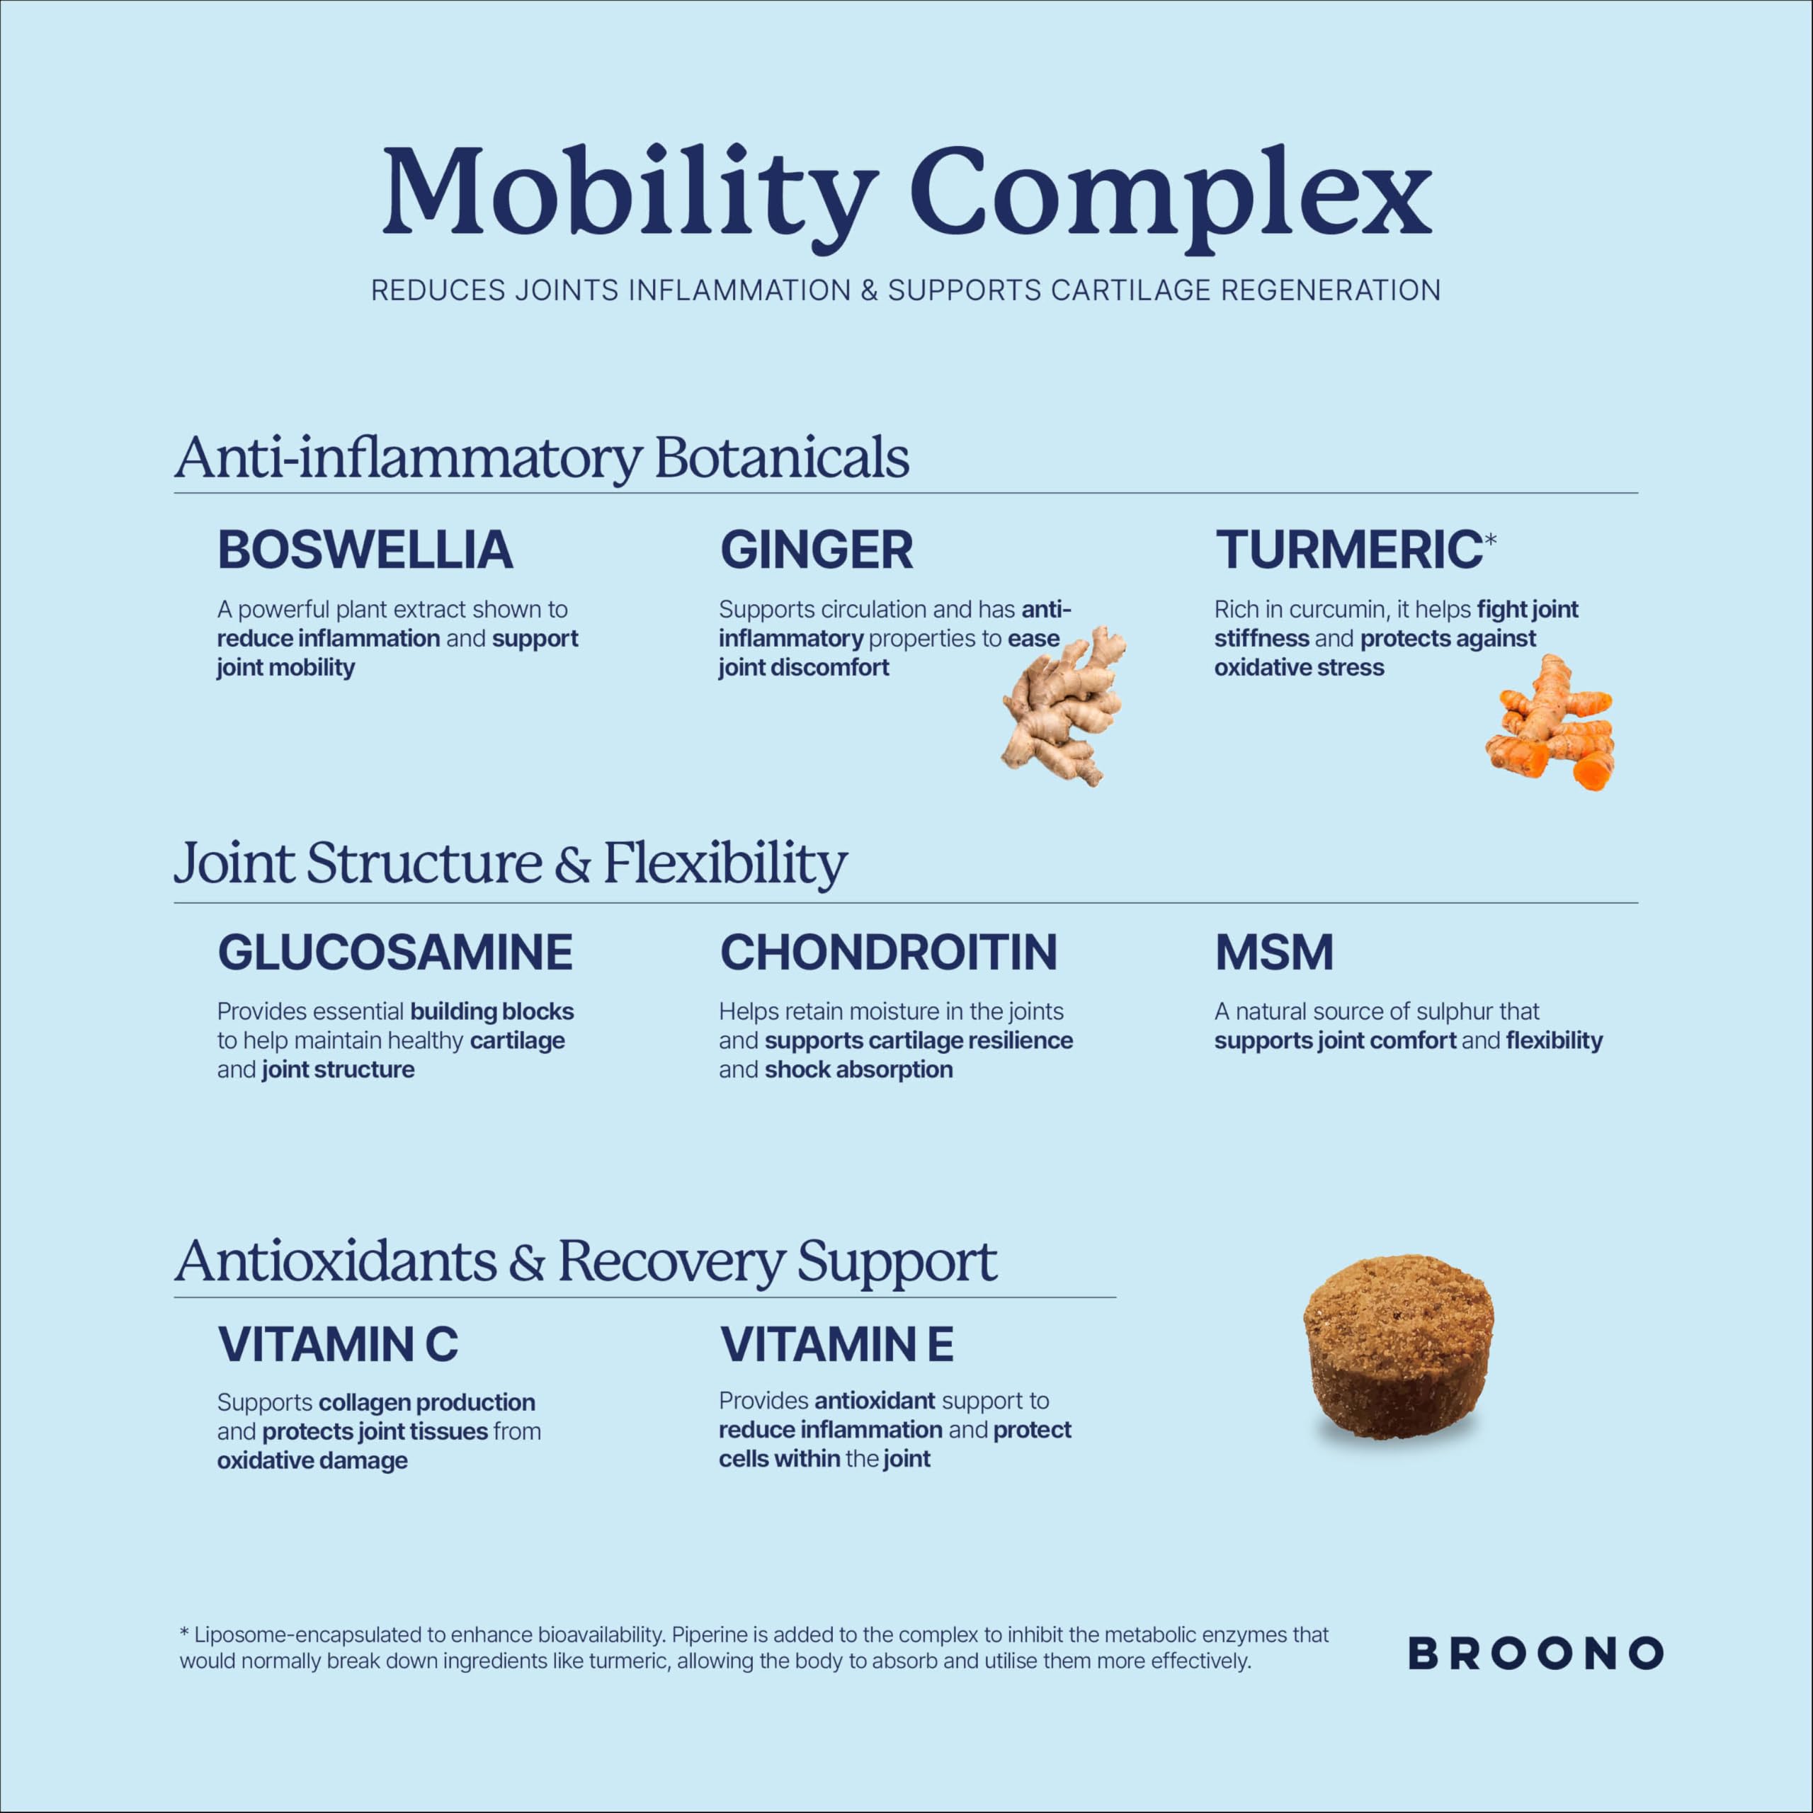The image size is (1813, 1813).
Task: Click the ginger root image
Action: click(1063, 705)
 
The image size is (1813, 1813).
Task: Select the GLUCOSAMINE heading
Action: click(395, 953)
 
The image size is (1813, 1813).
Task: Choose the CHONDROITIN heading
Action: click(889, 953)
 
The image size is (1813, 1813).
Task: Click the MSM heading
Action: click(1274, 953)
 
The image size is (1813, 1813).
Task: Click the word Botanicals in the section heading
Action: click(782, 458)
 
